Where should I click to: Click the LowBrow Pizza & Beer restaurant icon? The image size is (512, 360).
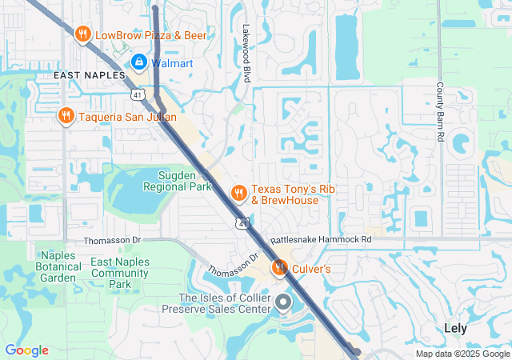(82, 34)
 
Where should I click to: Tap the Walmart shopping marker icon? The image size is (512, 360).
(138, 62)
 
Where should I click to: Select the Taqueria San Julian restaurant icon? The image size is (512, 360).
(66, 117)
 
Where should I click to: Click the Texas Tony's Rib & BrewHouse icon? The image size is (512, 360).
(238, 193)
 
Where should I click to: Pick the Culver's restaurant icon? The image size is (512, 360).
(279, 268)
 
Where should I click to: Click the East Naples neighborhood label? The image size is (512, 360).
(89, 74)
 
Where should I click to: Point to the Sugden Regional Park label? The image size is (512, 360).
(176, 181)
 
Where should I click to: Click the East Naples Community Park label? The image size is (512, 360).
(121, 273)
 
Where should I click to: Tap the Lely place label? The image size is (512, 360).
(455, 328)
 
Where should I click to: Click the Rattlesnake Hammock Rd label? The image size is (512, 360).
(321, 239)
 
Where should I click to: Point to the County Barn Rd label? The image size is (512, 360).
(440, 112)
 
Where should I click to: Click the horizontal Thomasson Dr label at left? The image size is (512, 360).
(113, 239)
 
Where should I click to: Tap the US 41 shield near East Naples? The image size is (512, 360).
(138, 95)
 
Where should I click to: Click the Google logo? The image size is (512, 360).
(26, 350)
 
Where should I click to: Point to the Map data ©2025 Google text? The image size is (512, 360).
(462, 354)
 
